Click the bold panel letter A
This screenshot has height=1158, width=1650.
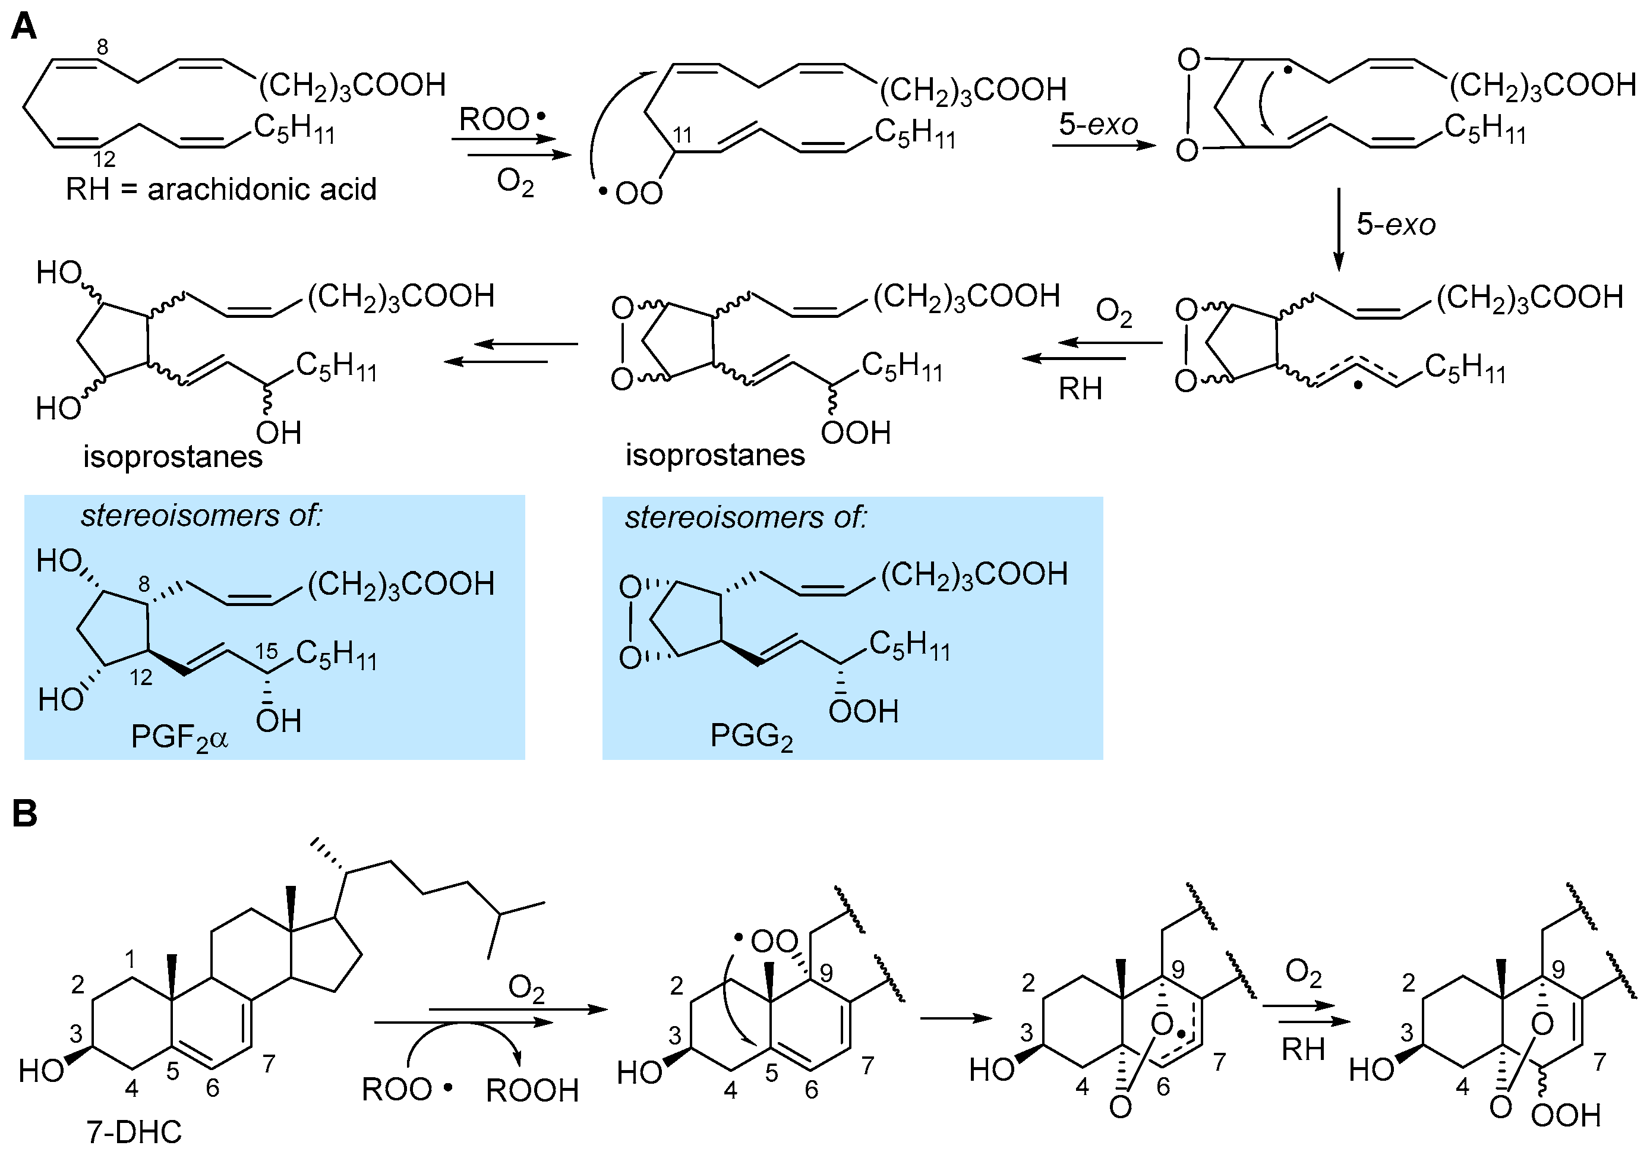click(x=24, y=27)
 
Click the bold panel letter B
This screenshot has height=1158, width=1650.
click(x=24, y=814)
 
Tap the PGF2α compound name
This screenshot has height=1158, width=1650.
click(x=179, y=737)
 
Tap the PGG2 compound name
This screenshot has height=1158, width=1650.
click(x=751, y=736)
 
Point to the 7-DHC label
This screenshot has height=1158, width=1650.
click(x=134, y=1132)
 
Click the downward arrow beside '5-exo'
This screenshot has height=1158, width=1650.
click(x=1338, y=229)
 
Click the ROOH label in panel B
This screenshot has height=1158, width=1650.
click(x=532, y=1090)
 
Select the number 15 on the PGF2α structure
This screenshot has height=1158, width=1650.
click(x=266, y=651)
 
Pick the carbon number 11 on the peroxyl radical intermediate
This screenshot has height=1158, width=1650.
click(x=682, y=135)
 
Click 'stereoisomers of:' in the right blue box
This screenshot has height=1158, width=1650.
click(x=746, y=518)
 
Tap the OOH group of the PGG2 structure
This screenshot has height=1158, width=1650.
click(x=863, y=712)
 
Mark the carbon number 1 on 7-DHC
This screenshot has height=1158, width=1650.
click(x=130, y=959)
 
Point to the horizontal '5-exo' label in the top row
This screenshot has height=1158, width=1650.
click(x=1097, y=124)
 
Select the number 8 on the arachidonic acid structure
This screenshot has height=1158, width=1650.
click(x=103, y=48)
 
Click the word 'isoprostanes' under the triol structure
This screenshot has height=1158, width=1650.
click(x=172, y=456)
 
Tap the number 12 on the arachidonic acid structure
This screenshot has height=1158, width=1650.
click(x=104, y=159)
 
